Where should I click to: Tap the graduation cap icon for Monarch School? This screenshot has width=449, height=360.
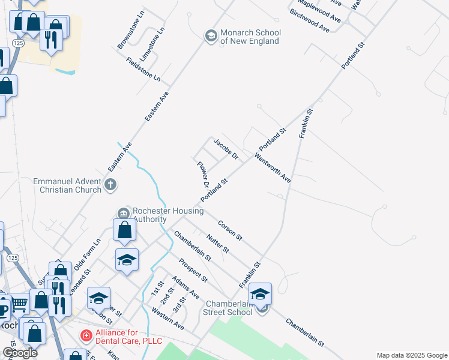tap(211, 37)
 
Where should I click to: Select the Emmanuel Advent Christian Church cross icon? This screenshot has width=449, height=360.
tap(110, 185)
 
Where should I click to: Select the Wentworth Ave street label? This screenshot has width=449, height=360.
tap(273, 169)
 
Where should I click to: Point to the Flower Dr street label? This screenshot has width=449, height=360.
tap(202, 174)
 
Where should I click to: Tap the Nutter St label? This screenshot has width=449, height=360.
tap(218, 242)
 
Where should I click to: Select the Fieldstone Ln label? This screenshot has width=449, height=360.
tap(143, 69)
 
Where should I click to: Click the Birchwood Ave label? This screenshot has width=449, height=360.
tap(310, 20)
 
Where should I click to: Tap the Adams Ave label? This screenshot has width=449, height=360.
tap(185, 288)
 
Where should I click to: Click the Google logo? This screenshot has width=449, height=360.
tap(20, 353)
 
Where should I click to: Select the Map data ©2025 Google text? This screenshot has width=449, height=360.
tap(411, 355)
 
